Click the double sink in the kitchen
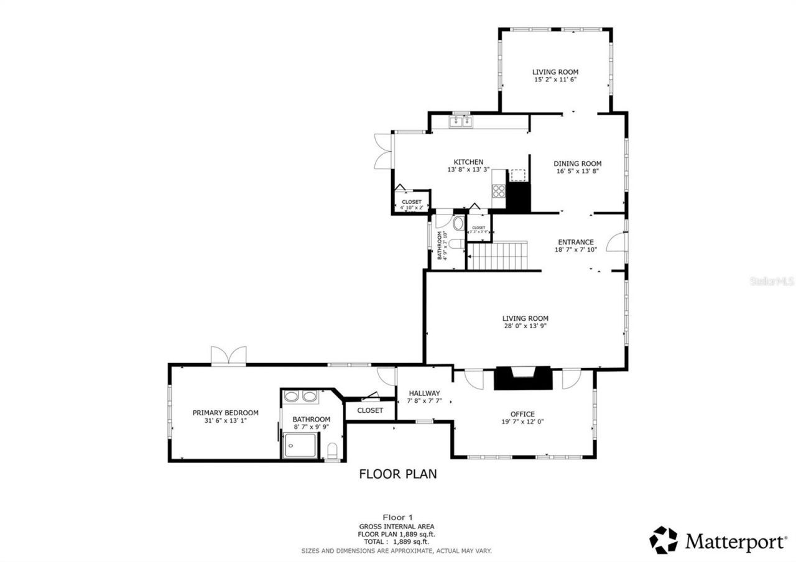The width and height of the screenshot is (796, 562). coord(461,121)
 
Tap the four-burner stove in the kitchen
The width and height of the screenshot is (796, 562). coord(499,191)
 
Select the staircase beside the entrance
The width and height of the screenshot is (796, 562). coord(497,256)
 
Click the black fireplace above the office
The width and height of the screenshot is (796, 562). coord(523,378)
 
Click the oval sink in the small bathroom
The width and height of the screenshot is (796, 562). coord(458,224)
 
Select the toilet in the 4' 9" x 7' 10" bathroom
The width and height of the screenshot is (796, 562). coord(456,244)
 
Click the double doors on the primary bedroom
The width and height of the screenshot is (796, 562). coord(228,356)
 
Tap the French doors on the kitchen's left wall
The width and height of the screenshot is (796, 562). coord(382,151)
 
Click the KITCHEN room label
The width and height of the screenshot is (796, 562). coord(468,162)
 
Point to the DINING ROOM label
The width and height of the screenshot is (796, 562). coord(578,164)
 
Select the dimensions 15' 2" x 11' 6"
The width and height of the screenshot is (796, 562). coord(555,80)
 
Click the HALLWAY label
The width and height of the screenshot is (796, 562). coord(424,393)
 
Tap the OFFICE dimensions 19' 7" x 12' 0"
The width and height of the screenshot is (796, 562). coord(522,422)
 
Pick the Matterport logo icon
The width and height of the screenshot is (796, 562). coord(664,540)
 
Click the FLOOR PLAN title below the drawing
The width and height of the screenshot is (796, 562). coord(398,474)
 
